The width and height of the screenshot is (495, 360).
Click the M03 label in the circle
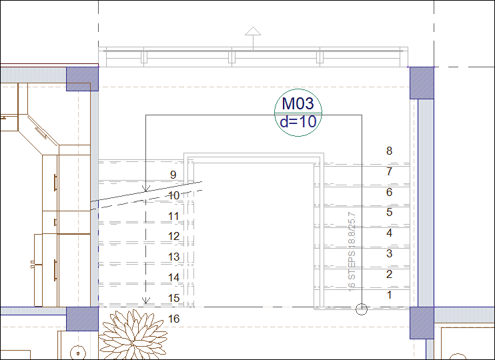tap(298, 104)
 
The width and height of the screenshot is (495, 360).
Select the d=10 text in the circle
tap(298, 122)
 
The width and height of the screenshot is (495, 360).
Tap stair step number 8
tap(390, 151)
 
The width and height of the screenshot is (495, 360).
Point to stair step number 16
tap(173, 319)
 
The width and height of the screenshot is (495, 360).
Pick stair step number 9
tap(173, 175)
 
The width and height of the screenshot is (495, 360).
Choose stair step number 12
tap(173, 237)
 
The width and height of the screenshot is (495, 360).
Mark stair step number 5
tap(390, 213)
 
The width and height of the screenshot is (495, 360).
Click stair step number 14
tap(173, 277)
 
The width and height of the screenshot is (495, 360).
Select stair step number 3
tap(390, 253)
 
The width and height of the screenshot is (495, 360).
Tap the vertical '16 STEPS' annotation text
tap(352, 251)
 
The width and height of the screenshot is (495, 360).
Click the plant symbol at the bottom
tap(132, 335)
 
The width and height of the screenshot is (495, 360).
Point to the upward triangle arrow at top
tap(252, 31)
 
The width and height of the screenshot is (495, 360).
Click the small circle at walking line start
tap(362, 308)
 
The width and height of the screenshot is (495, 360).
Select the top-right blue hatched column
tap(422, 83)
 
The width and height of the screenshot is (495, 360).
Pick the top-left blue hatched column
tap(83, 79)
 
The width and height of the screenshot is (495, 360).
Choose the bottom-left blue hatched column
tap(83, 319)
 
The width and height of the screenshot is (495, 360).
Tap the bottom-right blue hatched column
tap(422, 323)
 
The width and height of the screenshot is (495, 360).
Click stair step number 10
tap(173, 196)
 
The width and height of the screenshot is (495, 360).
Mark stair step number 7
tap(390, 172)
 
